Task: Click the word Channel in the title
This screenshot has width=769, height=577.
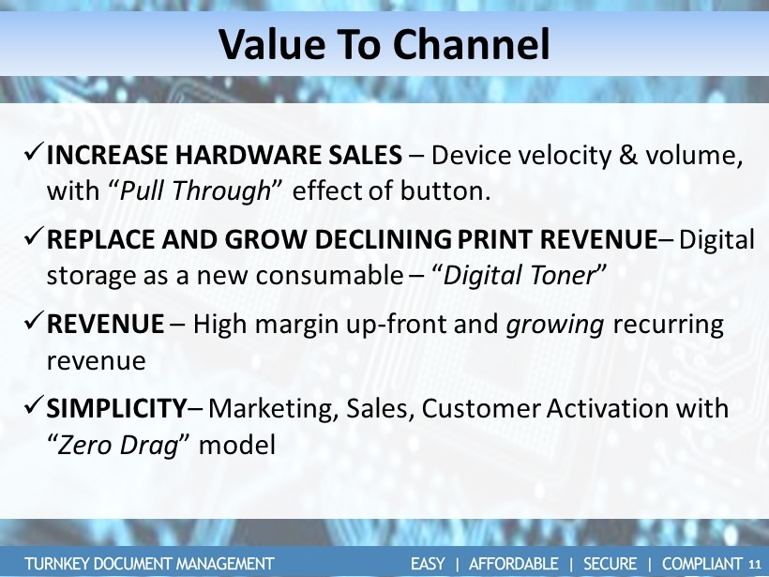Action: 471,45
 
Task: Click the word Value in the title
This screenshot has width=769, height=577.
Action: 272,45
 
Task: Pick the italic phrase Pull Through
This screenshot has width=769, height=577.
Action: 195,190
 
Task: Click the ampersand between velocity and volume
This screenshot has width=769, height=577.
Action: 627,155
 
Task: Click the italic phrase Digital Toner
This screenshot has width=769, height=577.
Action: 519,275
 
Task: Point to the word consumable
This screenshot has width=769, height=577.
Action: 329,275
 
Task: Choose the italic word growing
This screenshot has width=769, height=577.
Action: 554,326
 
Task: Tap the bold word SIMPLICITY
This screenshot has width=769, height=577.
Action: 116,408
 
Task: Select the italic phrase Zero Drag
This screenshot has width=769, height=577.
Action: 117,445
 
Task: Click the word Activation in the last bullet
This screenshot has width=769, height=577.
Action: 607,408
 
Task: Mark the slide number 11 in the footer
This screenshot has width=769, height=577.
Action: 755,564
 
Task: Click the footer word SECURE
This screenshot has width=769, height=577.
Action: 611,564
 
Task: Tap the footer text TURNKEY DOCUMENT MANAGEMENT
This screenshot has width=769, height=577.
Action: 149,564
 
